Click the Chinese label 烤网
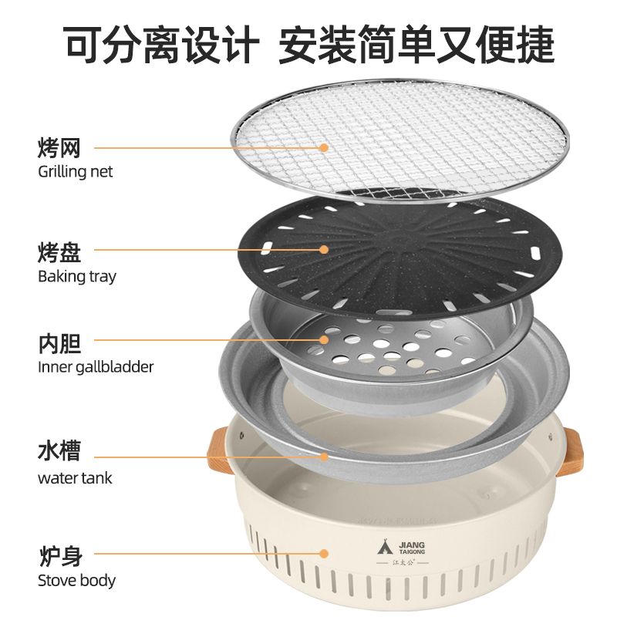tap(59, 147)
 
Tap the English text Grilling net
tap(75, 172)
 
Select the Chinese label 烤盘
tap(59, 252)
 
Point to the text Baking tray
tap(77, 277)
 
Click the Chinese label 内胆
tap(59, 343)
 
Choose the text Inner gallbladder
tap(96, 367)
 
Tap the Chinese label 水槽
tap(59, 450)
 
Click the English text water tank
tap(75, 478)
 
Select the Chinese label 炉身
tap(61, 555)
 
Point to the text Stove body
tap(76, 581)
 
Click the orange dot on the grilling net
tap(324, 148)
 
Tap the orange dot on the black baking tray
tap(324, 249)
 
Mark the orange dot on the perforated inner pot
tap(324, 339)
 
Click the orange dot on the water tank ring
tap(324, 457)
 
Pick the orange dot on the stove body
tap(324, 554)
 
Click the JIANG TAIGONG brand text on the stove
tap(412, 548)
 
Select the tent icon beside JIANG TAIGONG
tap(385, 547)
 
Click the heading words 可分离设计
tap(162, 44)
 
